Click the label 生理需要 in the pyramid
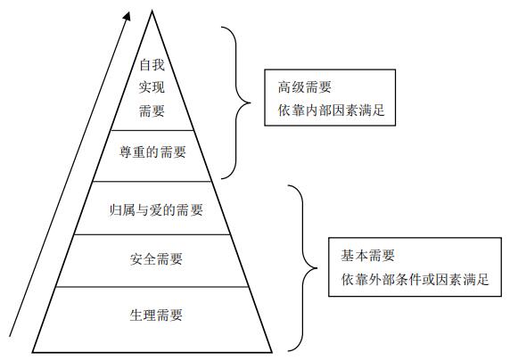click(x=156, y=315)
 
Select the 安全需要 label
click(x=156, y=259)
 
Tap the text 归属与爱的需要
click(x=156, y=209)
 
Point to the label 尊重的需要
click(x=152, y=151)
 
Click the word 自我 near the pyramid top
click(x=152, y=64)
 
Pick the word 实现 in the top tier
click(x=152, y=87)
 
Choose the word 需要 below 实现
click(x=152, y=110)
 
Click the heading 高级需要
click(x=305, y=86)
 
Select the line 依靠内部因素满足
click(x=332, y=110)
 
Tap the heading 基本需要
click(x=368, y=255)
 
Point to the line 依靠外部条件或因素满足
click(x=415, y=279)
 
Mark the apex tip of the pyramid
click(x=152, y=11)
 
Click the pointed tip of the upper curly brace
click(x=251, y=103)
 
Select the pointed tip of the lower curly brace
click(x=317, y=268)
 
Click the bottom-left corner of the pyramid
click(x=32, y=352)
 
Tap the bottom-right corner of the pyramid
click(x=272, y=352)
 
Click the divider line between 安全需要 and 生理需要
click(x=152, y=287)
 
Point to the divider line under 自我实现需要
click(x=152, y=130)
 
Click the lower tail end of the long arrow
click(x=10, y=336)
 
